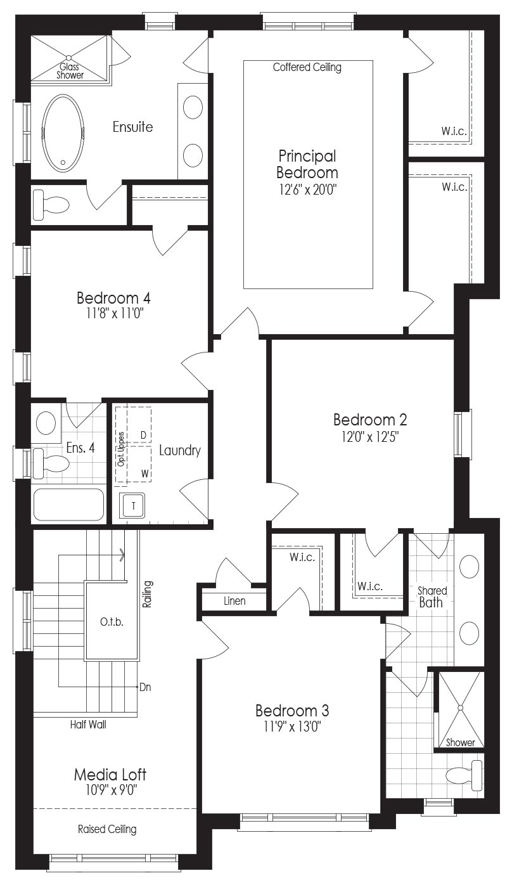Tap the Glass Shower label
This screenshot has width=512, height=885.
[x=70, y=71]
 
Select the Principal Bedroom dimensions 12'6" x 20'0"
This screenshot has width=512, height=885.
[x=307, y=190]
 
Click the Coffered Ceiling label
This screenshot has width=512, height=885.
[x=307, y=67]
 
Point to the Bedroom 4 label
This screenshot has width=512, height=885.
[x=113, y=297]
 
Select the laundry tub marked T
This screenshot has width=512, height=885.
[x=134, y=506]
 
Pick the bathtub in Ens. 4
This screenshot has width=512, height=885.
[x=68, y=505]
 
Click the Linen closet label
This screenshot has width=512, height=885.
[x=234, y=601]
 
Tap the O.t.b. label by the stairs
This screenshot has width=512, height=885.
[x=112, y=623]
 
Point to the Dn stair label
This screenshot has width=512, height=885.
[x=145, y=687]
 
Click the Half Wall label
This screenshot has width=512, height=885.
[x=88, y=725]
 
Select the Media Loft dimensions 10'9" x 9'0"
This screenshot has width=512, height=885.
[x=110, y=790]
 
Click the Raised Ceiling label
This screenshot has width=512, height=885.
[x=107, y=829]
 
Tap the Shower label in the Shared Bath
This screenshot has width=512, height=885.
[x=460, y=742]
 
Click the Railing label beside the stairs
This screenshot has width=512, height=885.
[x=147, y=594]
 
